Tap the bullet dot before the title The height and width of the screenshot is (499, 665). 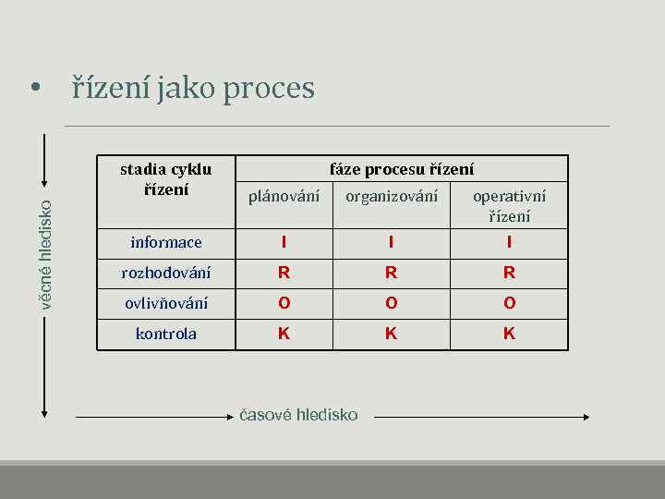pos(34,90)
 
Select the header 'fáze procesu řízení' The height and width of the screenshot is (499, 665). pos(402,169)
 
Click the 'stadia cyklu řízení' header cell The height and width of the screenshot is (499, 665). pos(166,179)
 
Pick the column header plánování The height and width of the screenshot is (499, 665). pos(284,196)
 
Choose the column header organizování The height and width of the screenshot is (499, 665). pos(391,196)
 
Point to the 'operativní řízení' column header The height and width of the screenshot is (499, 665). pos(509,205)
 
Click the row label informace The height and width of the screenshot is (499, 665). pos(166,242)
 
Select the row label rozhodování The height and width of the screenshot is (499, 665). pos(166,273)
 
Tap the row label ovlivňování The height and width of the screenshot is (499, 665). pos(166,303)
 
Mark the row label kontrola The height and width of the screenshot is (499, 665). pos(166,334)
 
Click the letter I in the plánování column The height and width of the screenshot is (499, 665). pos(284,242)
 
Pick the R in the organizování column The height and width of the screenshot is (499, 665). pos(391,273)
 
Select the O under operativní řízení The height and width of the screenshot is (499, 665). pos(509,303)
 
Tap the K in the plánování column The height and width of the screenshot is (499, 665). pos(284,334)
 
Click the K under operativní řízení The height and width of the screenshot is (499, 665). pos(509,334)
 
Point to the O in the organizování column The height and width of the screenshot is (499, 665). pos(391,303)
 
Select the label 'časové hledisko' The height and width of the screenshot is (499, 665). pos(298,415)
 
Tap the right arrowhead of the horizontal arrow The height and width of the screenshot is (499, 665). pos(585,417)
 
